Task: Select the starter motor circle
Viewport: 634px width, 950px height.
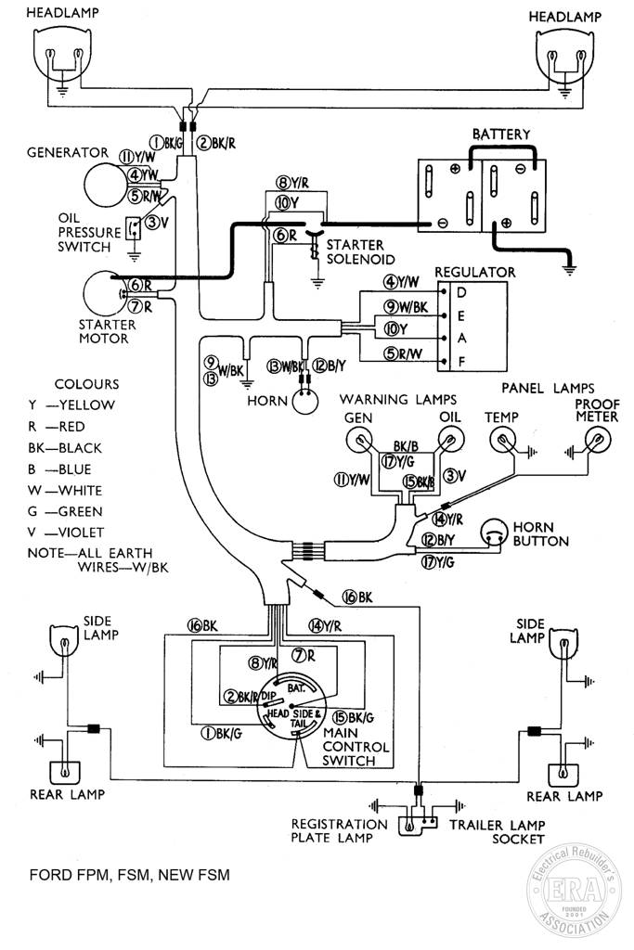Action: click(104, 293)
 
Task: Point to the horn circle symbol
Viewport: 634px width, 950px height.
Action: click(304, 402)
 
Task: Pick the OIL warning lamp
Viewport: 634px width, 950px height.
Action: click(449, 439)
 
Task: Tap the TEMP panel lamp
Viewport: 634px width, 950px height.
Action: click(502, 439)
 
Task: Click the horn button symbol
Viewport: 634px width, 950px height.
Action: click(493, 533)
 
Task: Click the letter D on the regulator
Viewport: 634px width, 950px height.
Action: click(461, 293)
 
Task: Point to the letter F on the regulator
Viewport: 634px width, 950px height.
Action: click(461, 362)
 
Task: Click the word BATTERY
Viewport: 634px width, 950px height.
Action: click(501, 134)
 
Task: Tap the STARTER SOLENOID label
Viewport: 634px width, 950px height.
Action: click(360, 252)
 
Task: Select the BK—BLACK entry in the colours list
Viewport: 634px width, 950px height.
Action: click(64, 448)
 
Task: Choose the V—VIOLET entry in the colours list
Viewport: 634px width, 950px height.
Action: click(66, 533)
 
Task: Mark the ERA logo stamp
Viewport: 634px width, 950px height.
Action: click(574, 890)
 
